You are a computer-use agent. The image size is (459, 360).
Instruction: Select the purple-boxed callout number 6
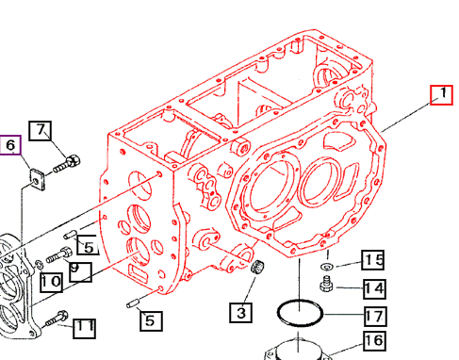(10, 144)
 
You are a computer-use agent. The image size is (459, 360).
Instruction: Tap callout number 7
(41, 130)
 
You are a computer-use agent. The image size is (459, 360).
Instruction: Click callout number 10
(51, 281)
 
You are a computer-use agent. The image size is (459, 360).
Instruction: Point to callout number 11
(85, 327)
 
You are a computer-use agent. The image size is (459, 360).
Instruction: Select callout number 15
(373, 261)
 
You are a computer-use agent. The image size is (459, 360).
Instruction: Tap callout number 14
(373, 288)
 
